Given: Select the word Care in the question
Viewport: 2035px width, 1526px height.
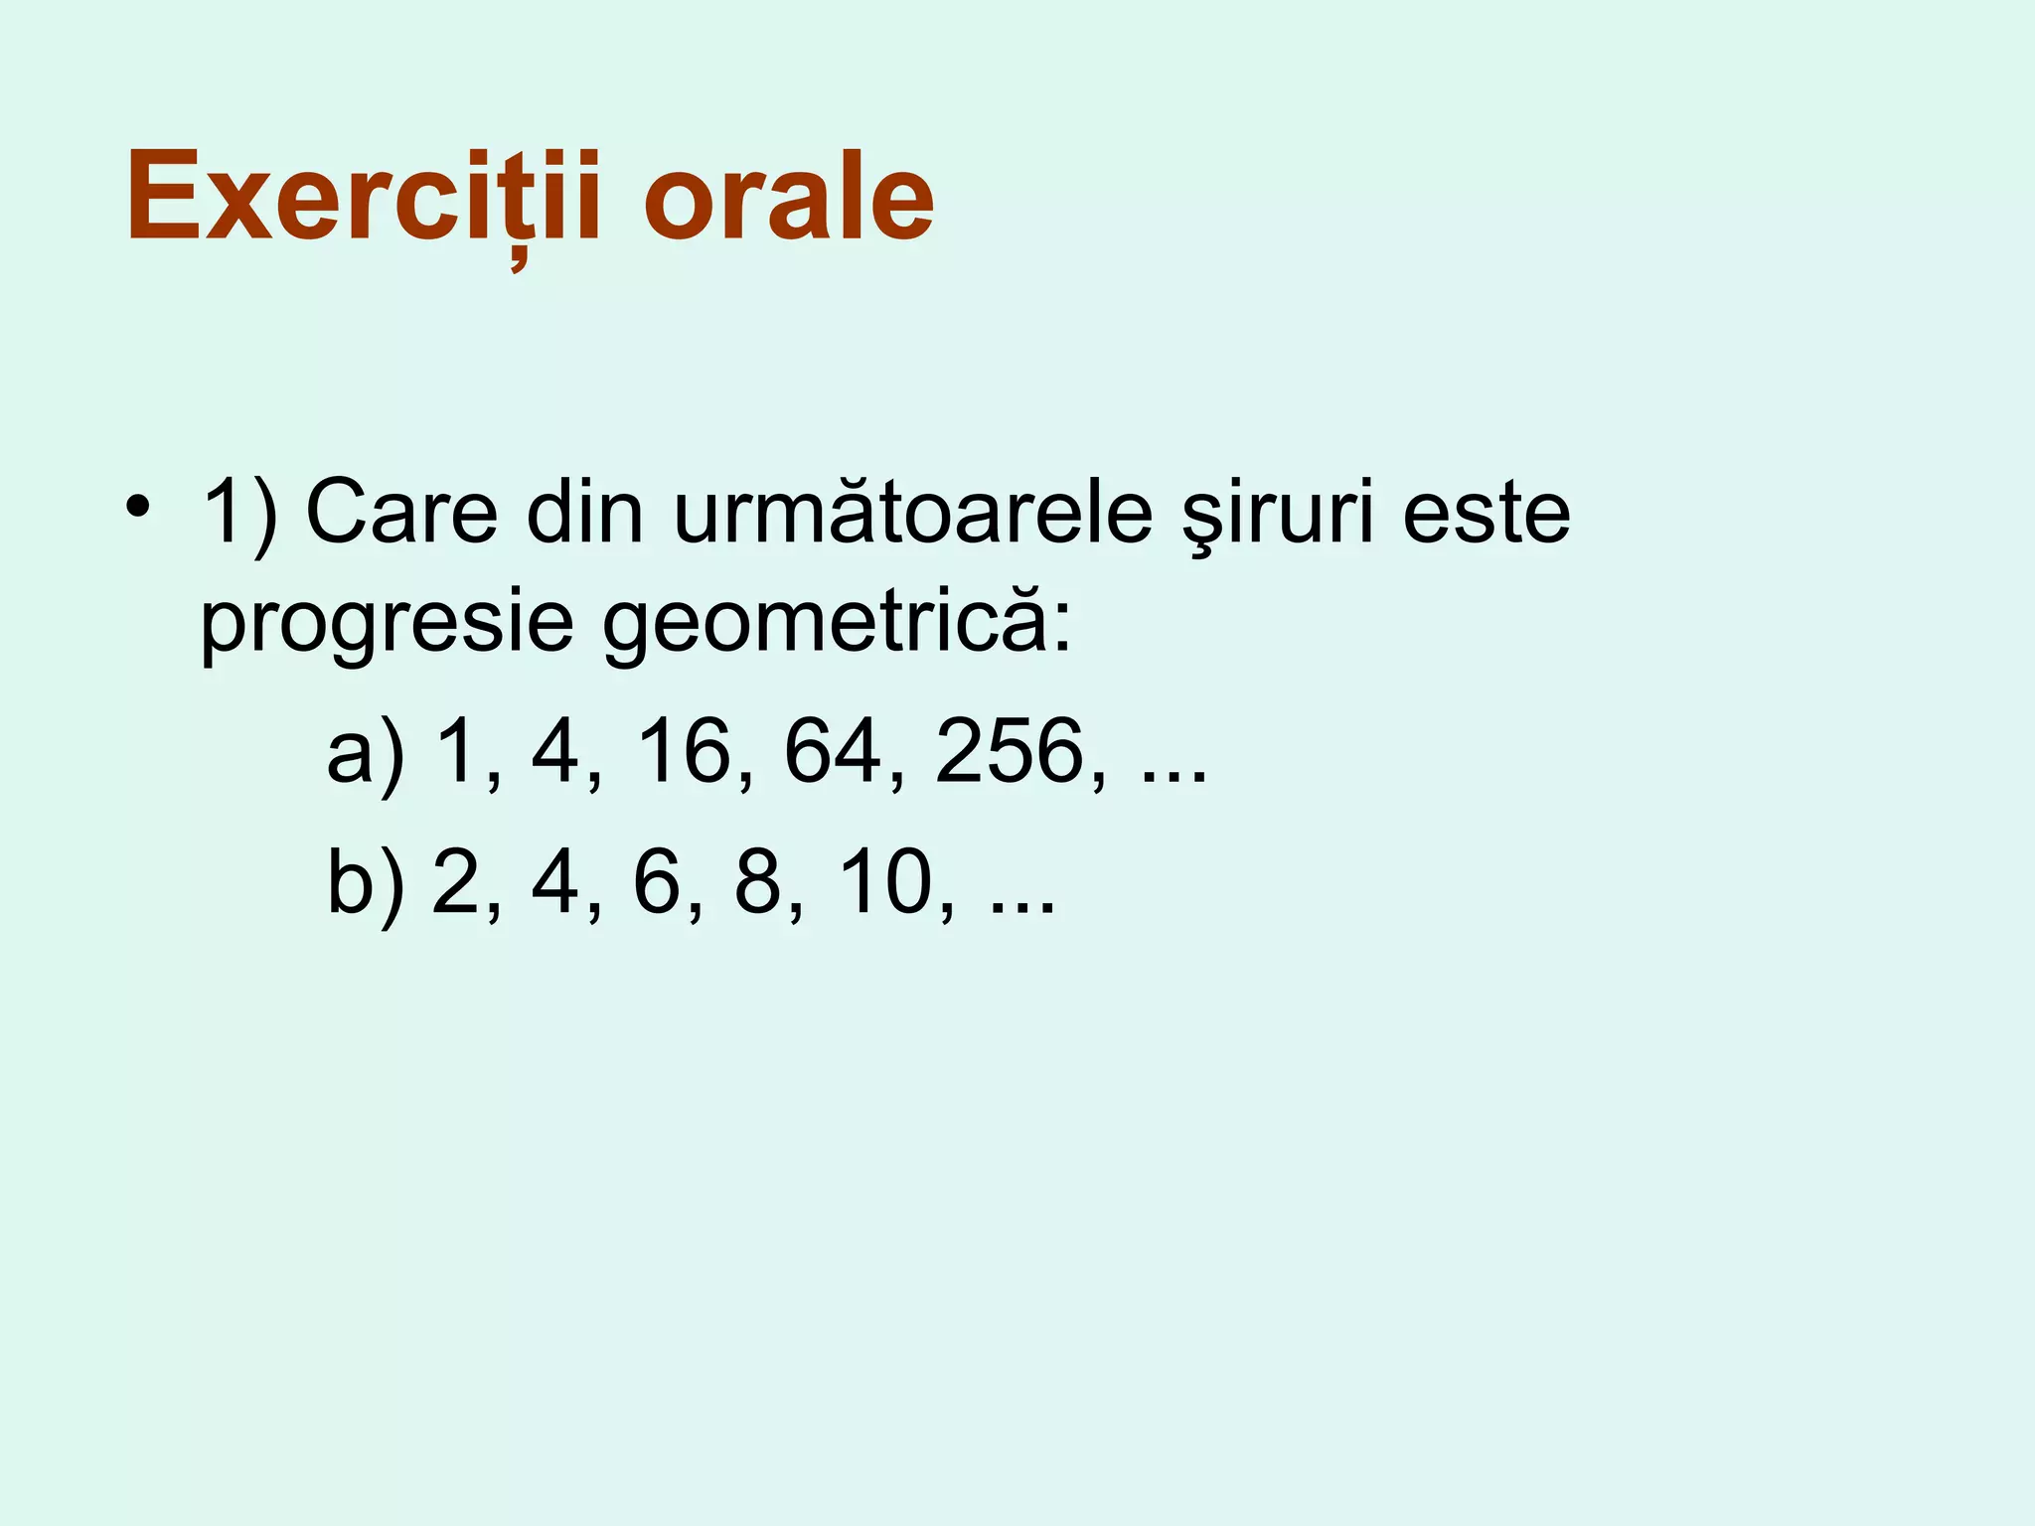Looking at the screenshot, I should click(401, 514).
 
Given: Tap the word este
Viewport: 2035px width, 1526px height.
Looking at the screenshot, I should click(1487, 514).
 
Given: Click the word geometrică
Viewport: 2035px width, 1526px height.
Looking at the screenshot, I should click(837, 624).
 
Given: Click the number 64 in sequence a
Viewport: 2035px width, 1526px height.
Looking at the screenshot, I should click(833, 752).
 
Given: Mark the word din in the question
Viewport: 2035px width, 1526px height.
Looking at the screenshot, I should click(585, 514).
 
